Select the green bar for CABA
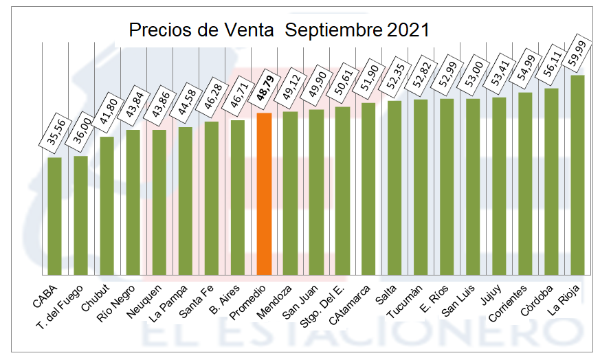click(x=55, y=216)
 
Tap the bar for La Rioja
click(x=577, y=175)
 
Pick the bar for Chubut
click(x=107, y=205)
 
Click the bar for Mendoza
click(x=290, y=192)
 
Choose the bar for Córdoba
click(x=551, y=181)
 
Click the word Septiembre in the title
click(x=333, y=31)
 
